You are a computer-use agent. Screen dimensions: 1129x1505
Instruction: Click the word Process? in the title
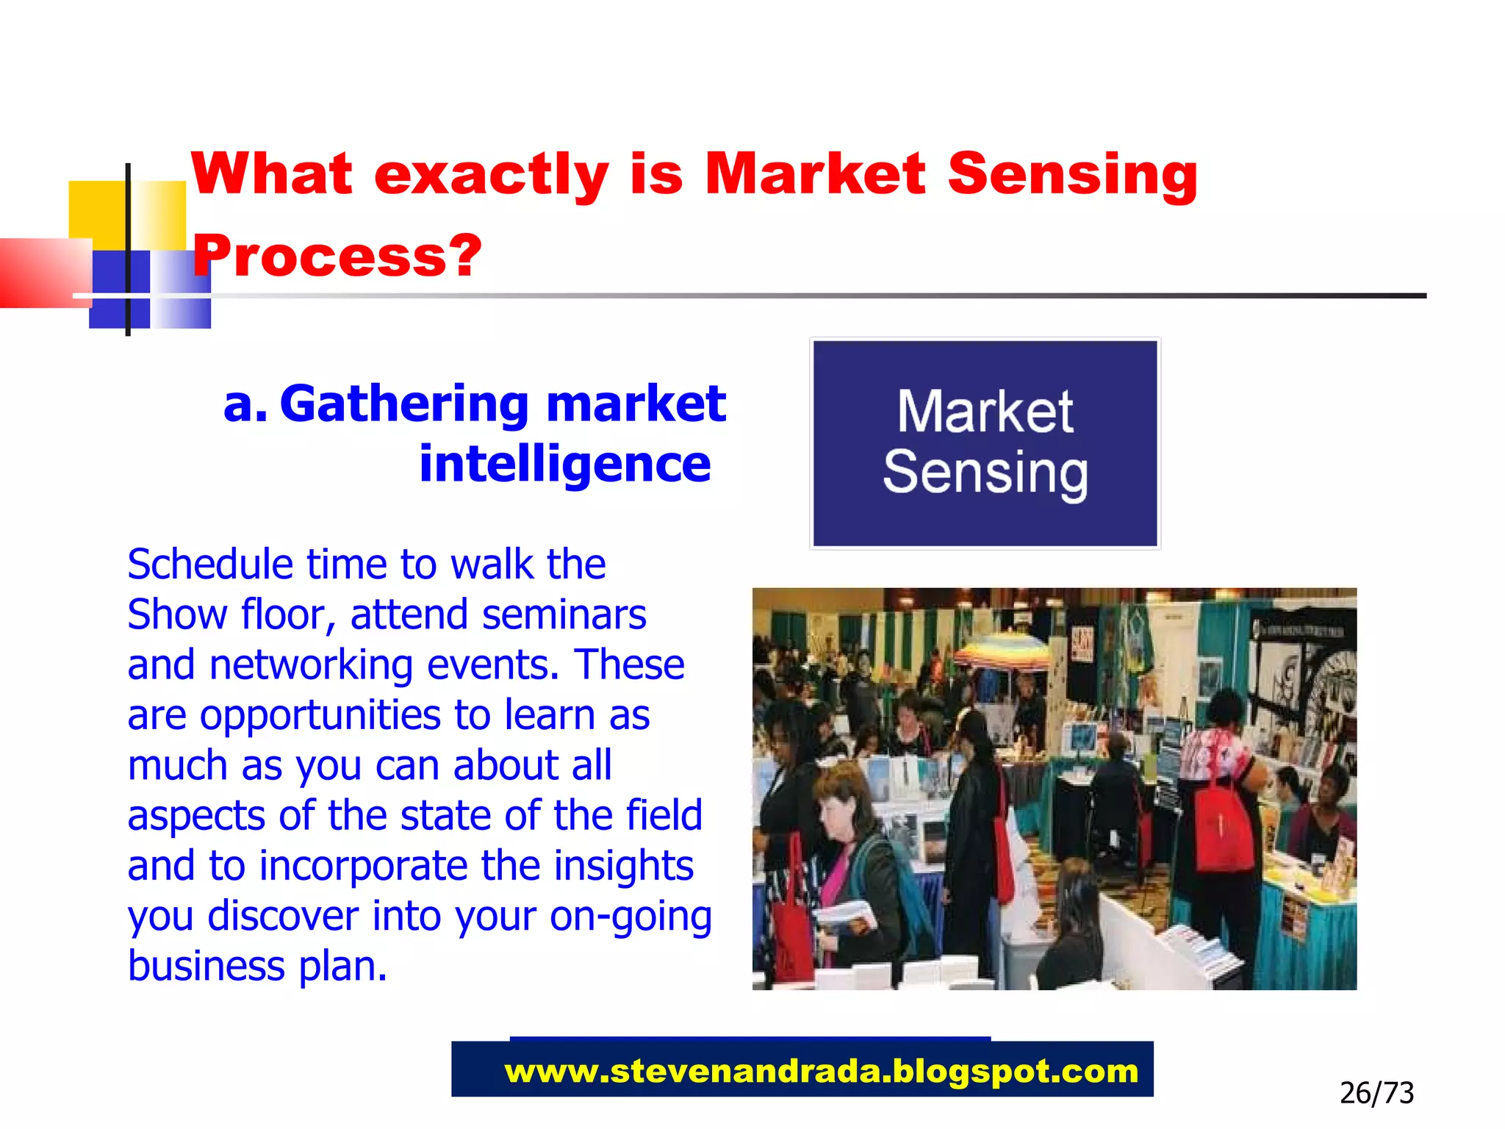(x=337, y=256)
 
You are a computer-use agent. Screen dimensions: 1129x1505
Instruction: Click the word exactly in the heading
(x=491, y=174)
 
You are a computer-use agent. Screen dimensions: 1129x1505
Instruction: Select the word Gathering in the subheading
(x=404, y=404)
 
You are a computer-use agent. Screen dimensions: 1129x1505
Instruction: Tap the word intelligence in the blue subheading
(x=564, y=465)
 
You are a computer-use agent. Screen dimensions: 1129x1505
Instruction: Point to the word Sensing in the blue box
(x=985, y=473)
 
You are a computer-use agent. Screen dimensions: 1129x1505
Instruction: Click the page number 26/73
(x=1376, y=1093)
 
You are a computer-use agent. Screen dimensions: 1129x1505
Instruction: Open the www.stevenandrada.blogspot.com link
(x=820, y=1072)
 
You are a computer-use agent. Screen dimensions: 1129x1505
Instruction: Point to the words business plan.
(x=257, y=966)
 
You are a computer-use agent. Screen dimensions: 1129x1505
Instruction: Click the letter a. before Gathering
(x=245, y=405)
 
